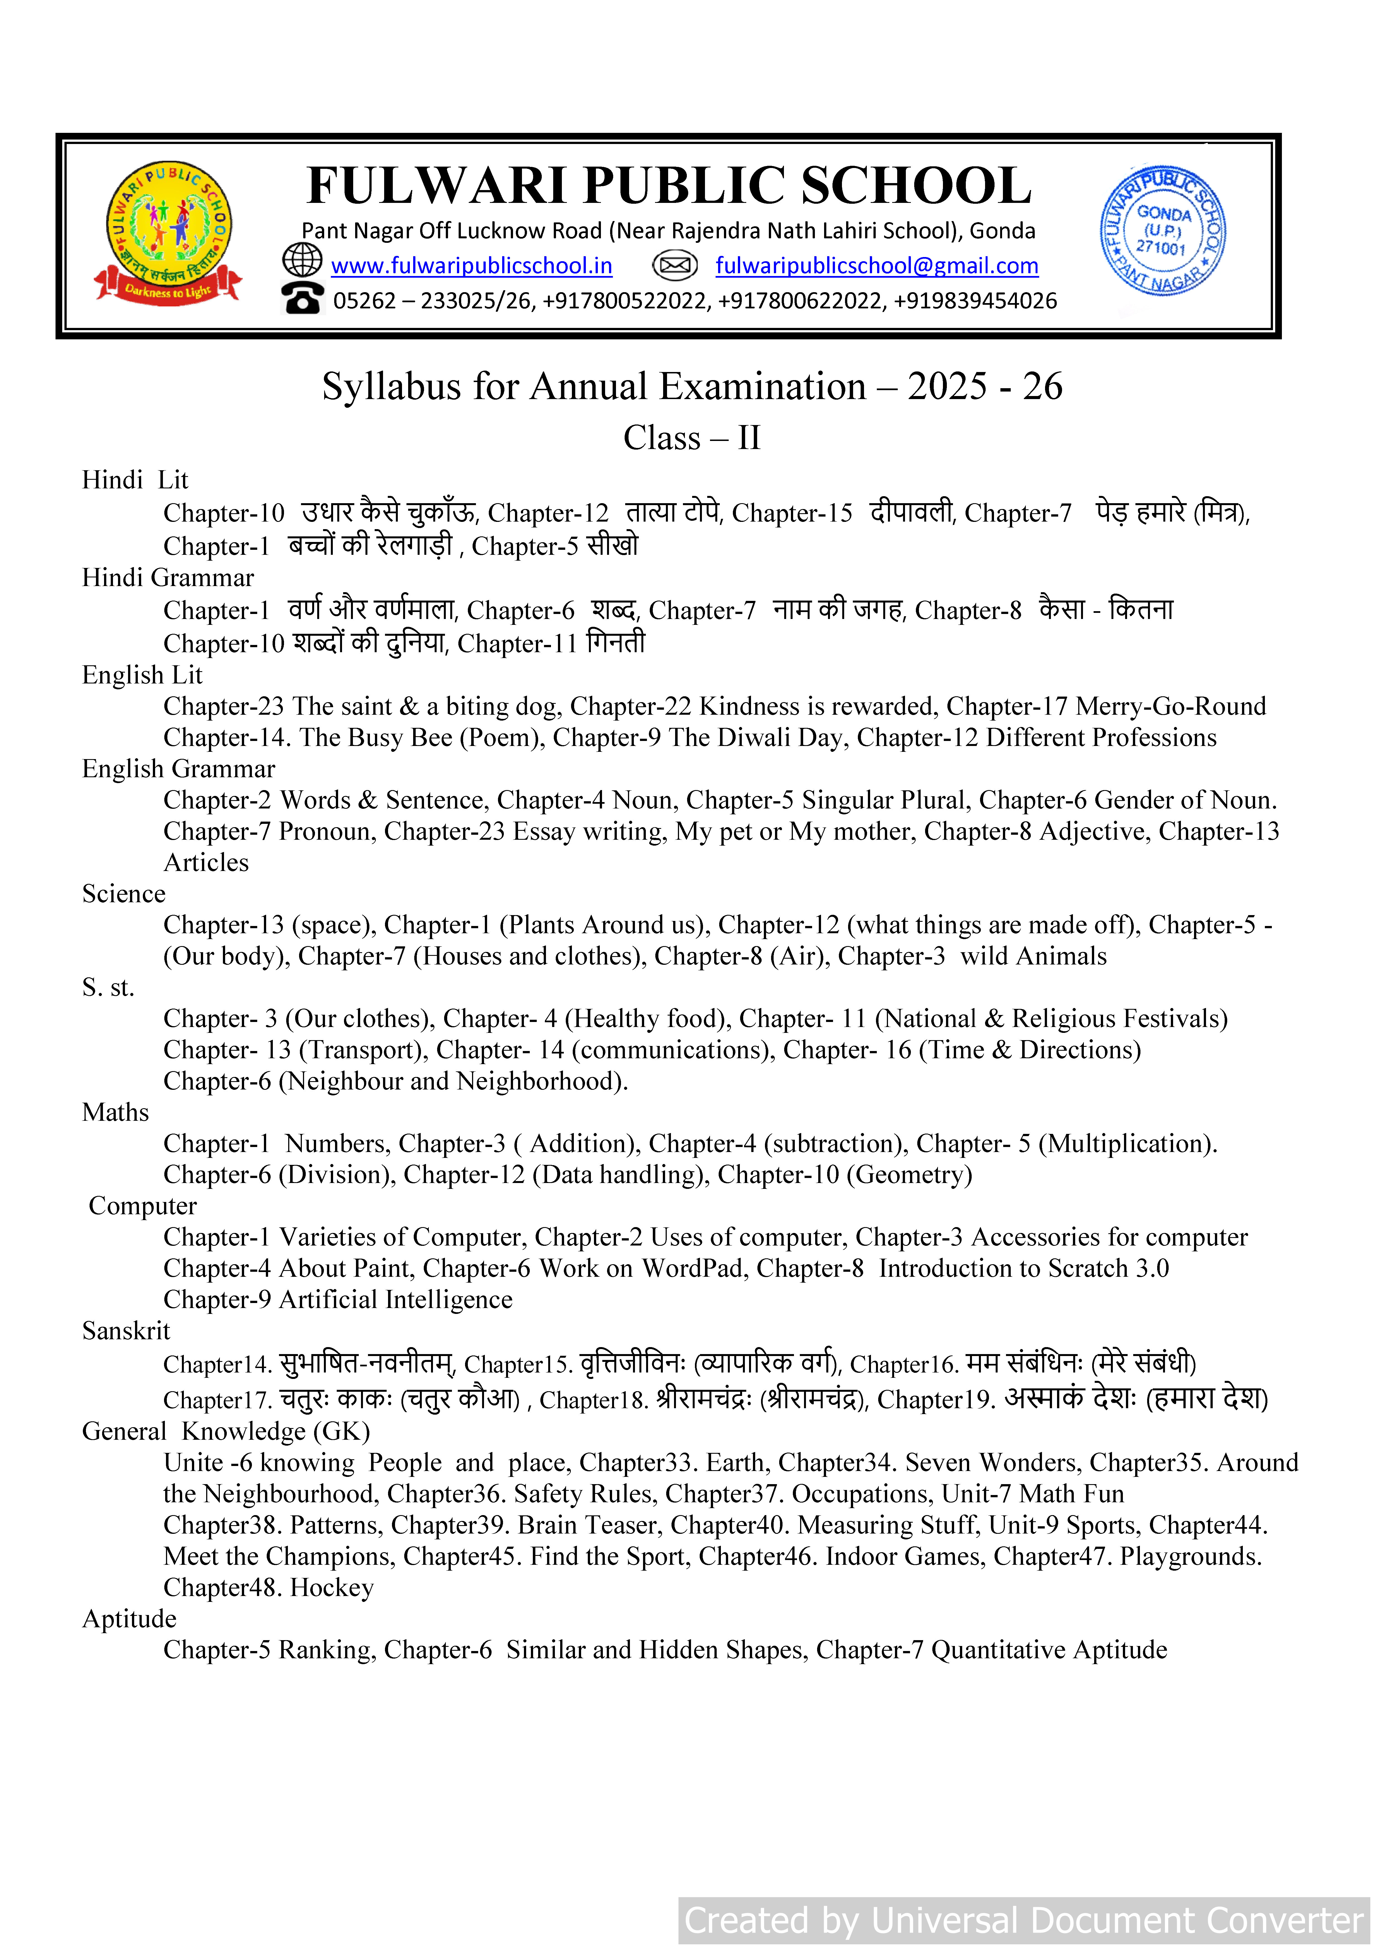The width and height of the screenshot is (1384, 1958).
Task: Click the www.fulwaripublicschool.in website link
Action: click(x=471, y=266)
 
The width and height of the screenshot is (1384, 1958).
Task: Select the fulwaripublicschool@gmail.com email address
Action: click(x=877, y=266)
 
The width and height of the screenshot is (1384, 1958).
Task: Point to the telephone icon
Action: click(x=303, y=299)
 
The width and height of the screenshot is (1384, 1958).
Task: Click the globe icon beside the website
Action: click(x=302, y=260)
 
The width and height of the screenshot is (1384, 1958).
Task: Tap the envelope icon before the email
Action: click(x=675, y=266)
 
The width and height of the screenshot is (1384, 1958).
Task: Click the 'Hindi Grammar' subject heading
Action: click(x=168, y=578)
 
